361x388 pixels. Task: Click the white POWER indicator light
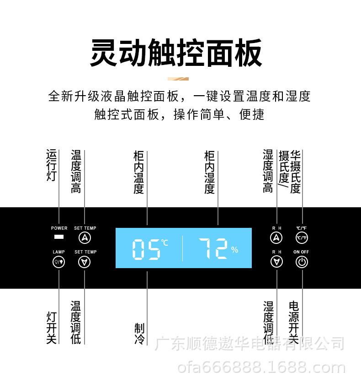tap(59, 237)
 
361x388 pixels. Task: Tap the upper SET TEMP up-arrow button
tap(85, 237)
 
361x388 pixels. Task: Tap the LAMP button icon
tap(59, 262)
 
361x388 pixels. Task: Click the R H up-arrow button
tap(276, 237)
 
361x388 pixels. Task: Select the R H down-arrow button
tap(276, 262)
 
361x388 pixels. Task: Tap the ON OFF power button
tap(302, 262)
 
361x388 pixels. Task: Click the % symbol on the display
tap(234, 250)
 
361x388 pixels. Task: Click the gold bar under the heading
tap(178, 79)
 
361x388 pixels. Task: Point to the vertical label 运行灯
tap(51, 165)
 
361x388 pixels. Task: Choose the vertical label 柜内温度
tap(139, 172)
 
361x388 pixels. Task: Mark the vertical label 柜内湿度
tap(209, 172)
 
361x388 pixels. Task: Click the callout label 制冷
tap(139, 334)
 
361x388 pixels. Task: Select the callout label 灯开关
tap(51, 328)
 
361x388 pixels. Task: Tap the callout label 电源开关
tap(294, 322)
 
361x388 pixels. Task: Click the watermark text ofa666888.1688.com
tap(261, 367)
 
